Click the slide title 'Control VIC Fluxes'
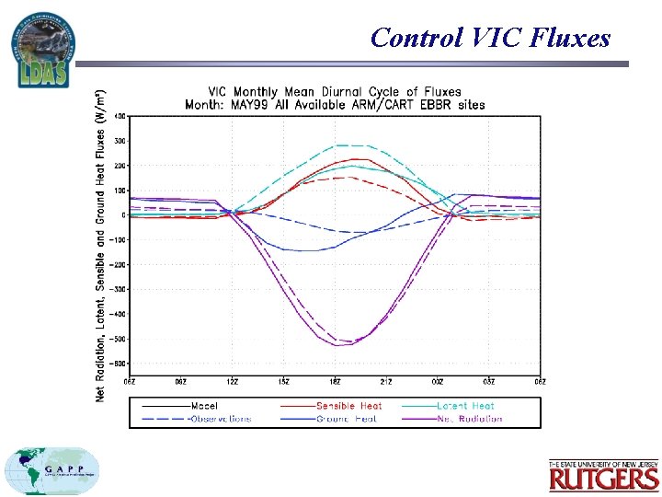tap(490, 38)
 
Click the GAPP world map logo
tap(52, 471)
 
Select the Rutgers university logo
tap(603, 475)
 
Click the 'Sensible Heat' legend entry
tap(348, 406)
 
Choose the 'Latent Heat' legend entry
tap(465, 406)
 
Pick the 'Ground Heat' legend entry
tap(348, 419)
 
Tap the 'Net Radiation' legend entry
tap(469, 419)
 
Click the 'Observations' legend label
tap(220, 419)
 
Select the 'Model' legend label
tap(205, 406)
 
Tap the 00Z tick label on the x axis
tap(438, 381)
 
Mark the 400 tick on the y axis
tap(120, 116)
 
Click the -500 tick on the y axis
tap(119, 339)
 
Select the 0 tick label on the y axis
tap(124, 215)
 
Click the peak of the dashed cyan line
tap(348, 145)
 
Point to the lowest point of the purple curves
tap(338, 345)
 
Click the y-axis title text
tap(100, 245)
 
